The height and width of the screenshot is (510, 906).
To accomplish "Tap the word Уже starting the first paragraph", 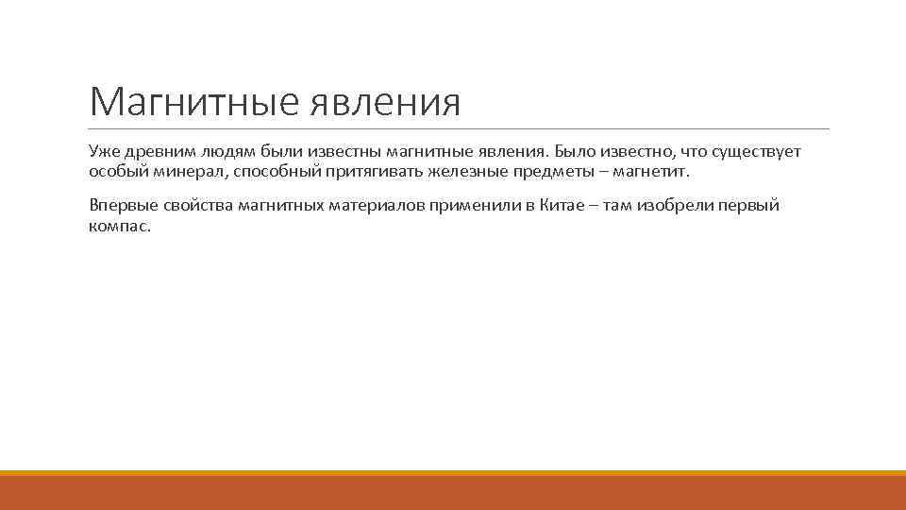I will coord(102,152).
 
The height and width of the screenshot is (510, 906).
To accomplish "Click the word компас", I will coord(119,227).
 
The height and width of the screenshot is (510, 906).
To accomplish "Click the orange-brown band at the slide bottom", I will coord(453,493).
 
